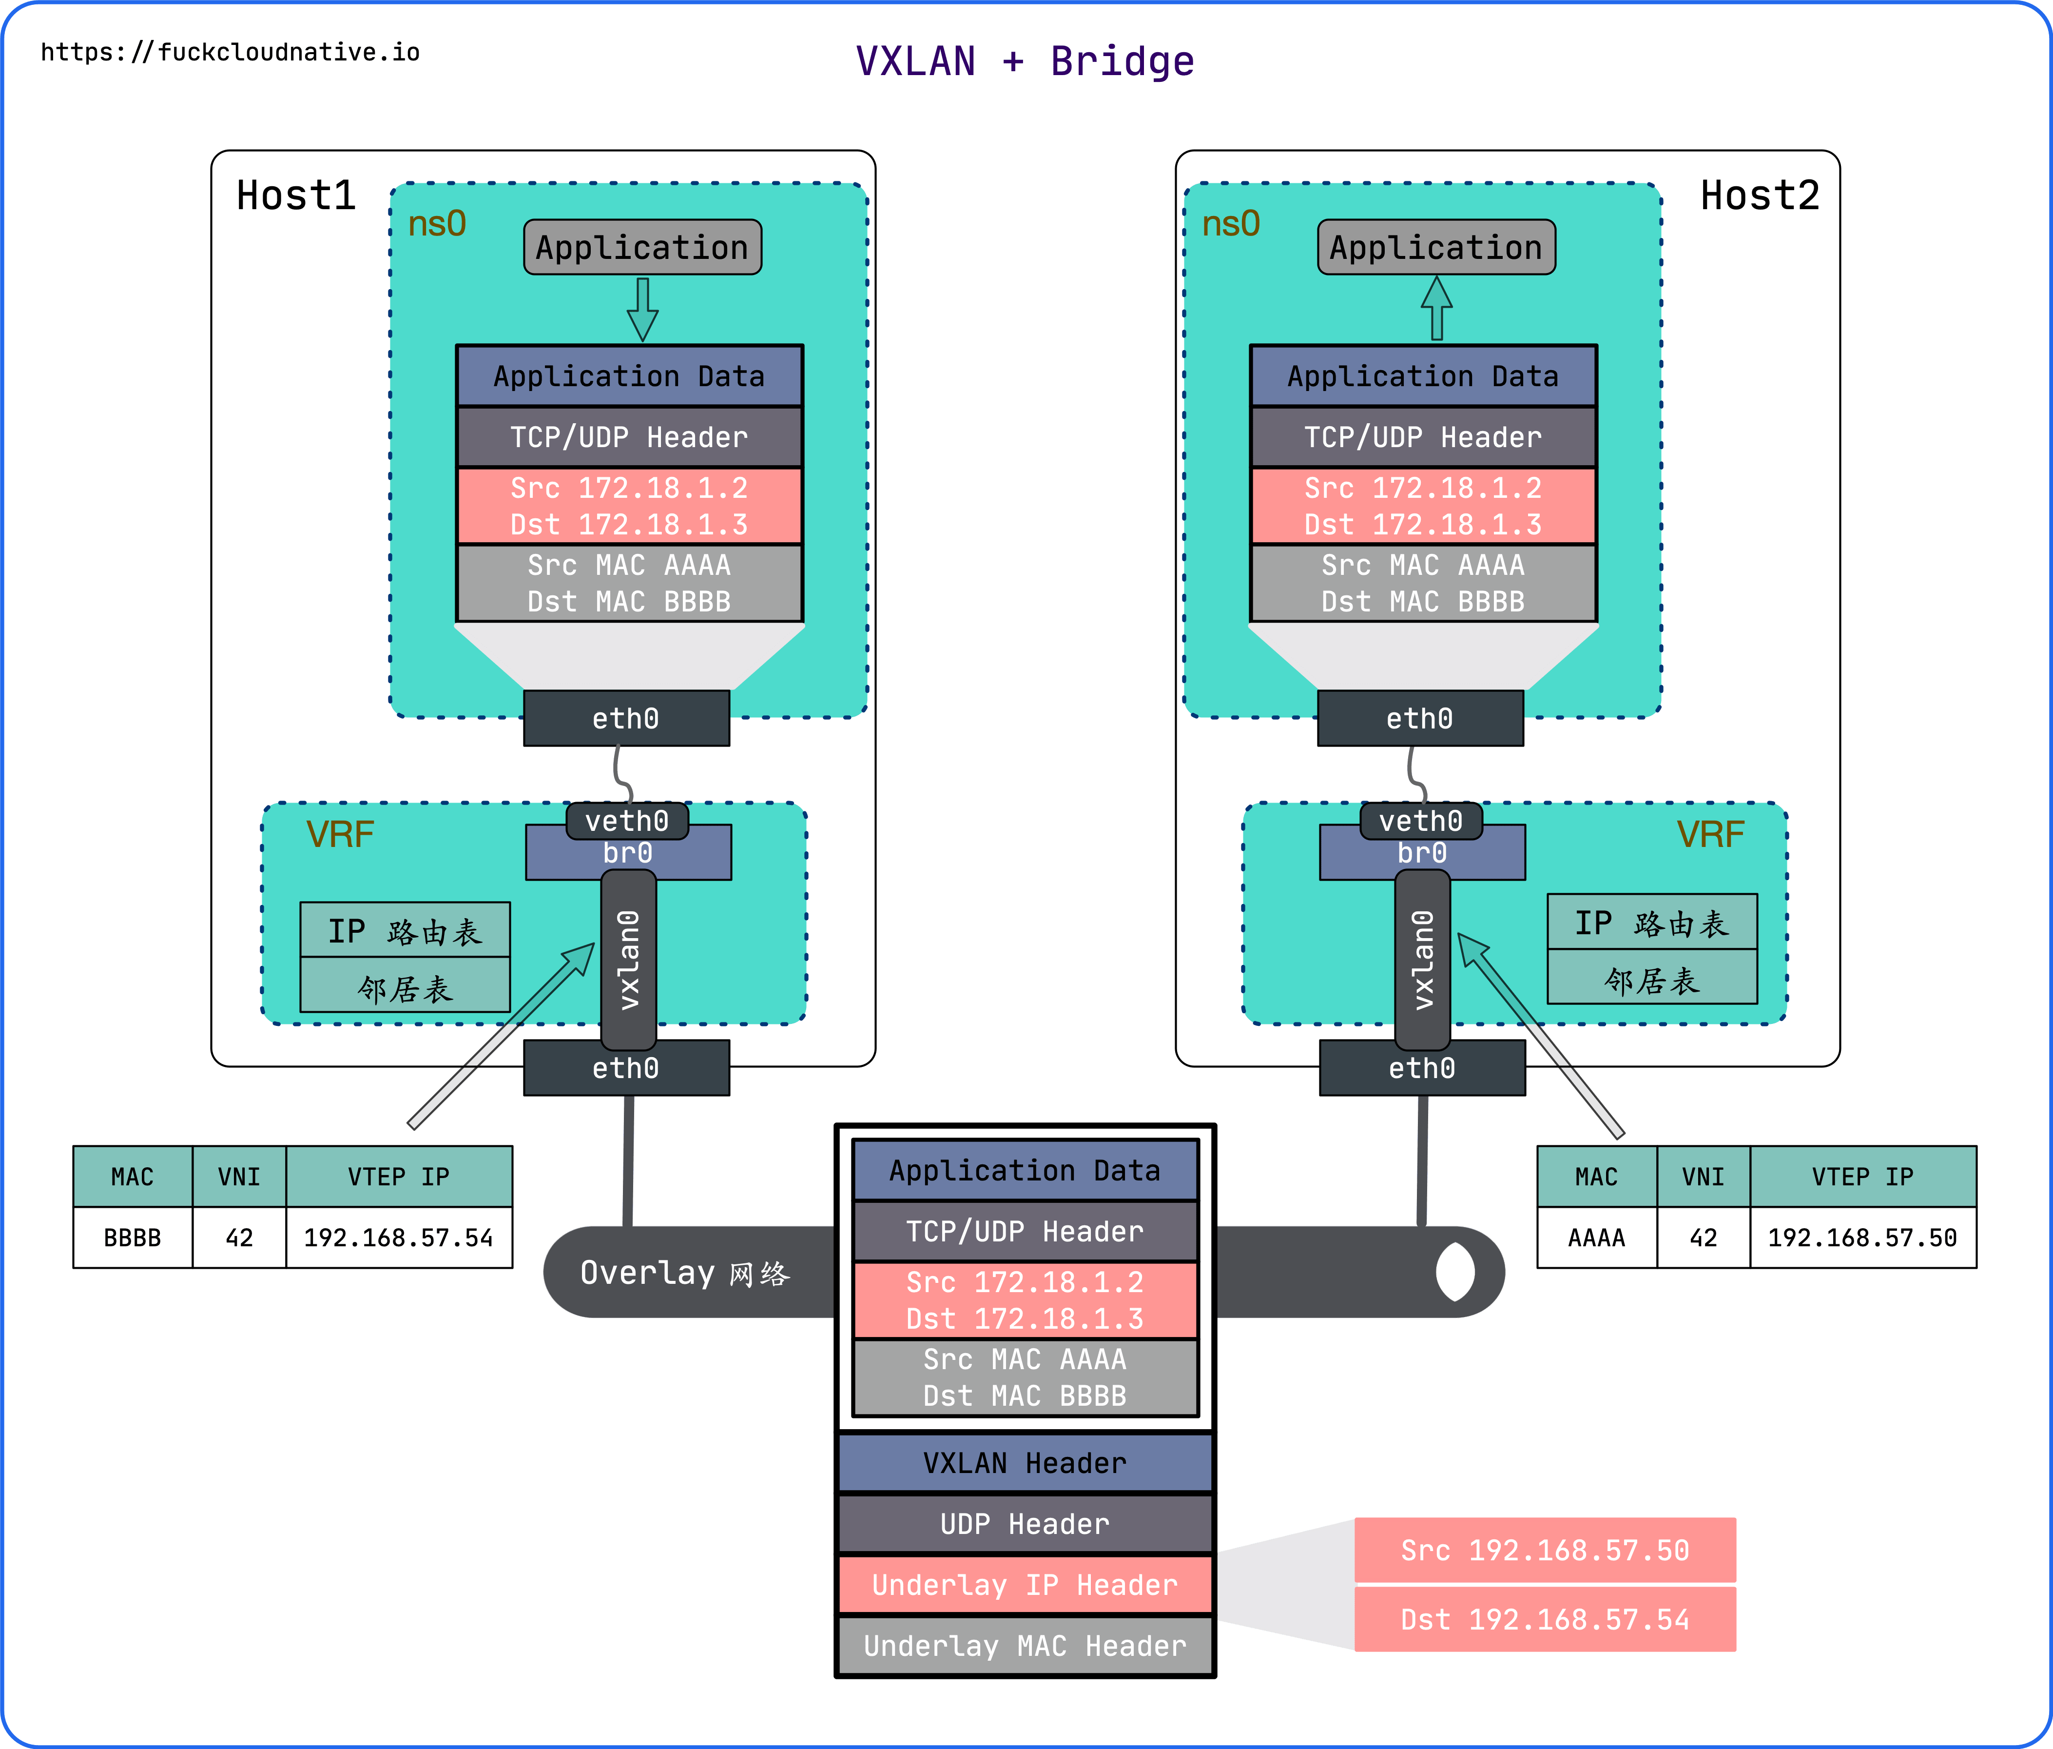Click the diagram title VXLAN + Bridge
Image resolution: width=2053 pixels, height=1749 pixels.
1025,61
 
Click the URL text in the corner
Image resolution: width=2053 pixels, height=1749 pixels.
230,53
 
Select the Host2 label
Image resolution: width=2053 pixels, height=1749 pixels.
1760,195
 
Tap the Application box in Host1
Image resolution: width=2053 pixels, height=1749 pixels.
642,247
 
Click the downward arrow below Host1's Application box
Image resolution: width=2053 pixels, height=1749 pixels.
642,309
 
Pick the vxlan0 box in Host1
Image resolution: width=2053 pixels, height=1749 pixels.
628,959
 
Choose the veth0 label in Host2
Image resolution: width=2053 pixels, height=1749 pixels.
1421,821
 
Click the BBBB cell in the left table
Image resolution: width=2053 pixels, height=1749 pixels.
133,1238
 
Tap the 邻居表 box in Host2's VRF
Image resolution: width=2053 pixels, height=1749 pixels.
1652,980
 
